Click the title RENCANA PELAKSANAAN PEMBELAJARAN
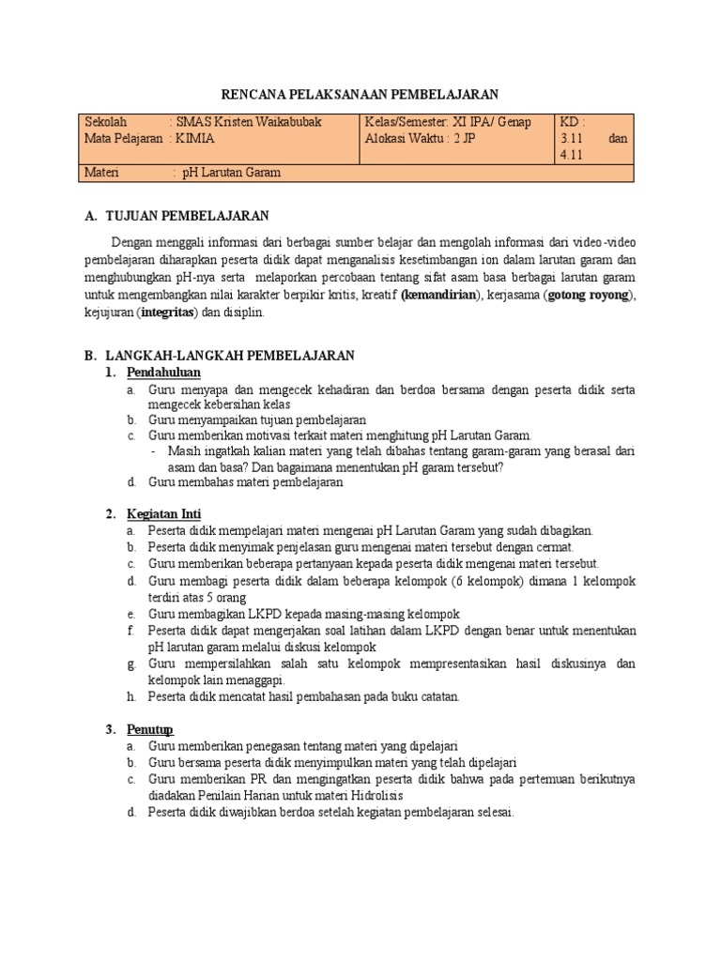pos(360,94)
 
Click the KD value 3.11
pos(573,139)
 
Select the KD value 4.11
pos(573,156)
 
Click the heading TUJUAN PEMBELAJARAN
pos(188,217)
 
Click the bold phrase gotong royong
pos(591,296)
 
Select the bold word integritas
pos(168,313)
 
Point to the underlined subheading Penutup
pos(150,729)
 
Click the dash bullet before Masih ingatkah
pos(154,451)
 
